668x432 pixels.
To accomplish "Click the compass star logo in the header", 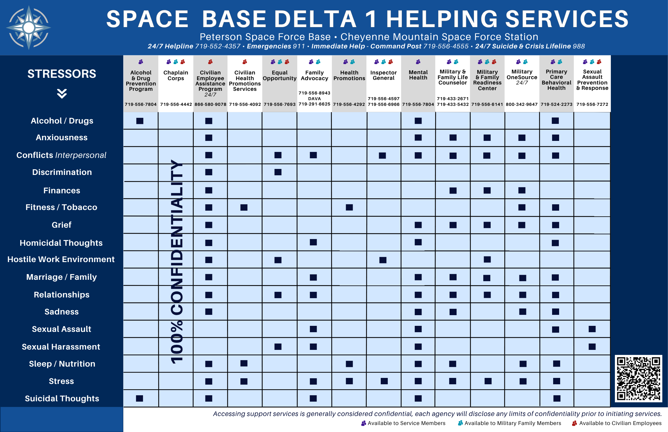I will coord(29,27).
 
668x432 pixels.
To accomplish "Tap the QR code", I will coord(638,378).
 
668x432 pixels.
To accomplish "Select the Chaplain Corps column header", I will coord(176,75).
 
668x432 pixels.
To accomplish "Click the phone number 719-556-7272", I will coord(592,104).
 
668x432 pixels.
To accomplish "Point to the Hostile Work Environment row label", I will coord(61,259).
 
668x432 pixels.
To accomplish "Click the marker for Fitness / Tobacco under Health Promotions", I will coord(349,207).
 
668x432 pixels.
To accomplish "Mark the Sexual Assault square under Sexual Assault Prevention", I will coord(592,329).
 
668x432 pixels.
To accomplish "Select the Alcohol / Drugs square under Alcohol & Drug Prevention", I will coord(140,121).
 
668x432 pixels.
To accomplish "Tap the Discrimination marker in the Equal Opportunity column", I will coord(278,172).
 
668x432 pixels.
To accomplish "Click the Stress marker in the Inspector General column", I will coord(384,381).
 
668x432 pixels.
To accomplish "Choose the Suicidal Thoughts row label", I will coord(62,399).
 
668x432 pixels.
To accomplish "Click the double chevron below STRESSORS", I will coord(62,93).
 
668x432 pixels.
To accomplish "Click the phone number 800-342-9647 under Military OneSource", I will coord(522,104).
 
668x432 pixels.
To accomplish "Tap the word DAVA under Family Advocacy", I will coord(314,98).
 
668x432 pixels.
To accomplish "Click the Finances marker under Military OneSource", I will coord(522,190).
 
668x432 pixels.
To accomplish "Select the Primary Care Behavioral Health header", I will coord(556,80).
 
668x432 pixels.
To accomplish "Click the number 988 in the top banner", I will coord(579,46).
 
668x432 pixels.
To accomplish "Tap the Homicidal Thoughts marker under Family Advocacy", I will coord(313,242).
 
